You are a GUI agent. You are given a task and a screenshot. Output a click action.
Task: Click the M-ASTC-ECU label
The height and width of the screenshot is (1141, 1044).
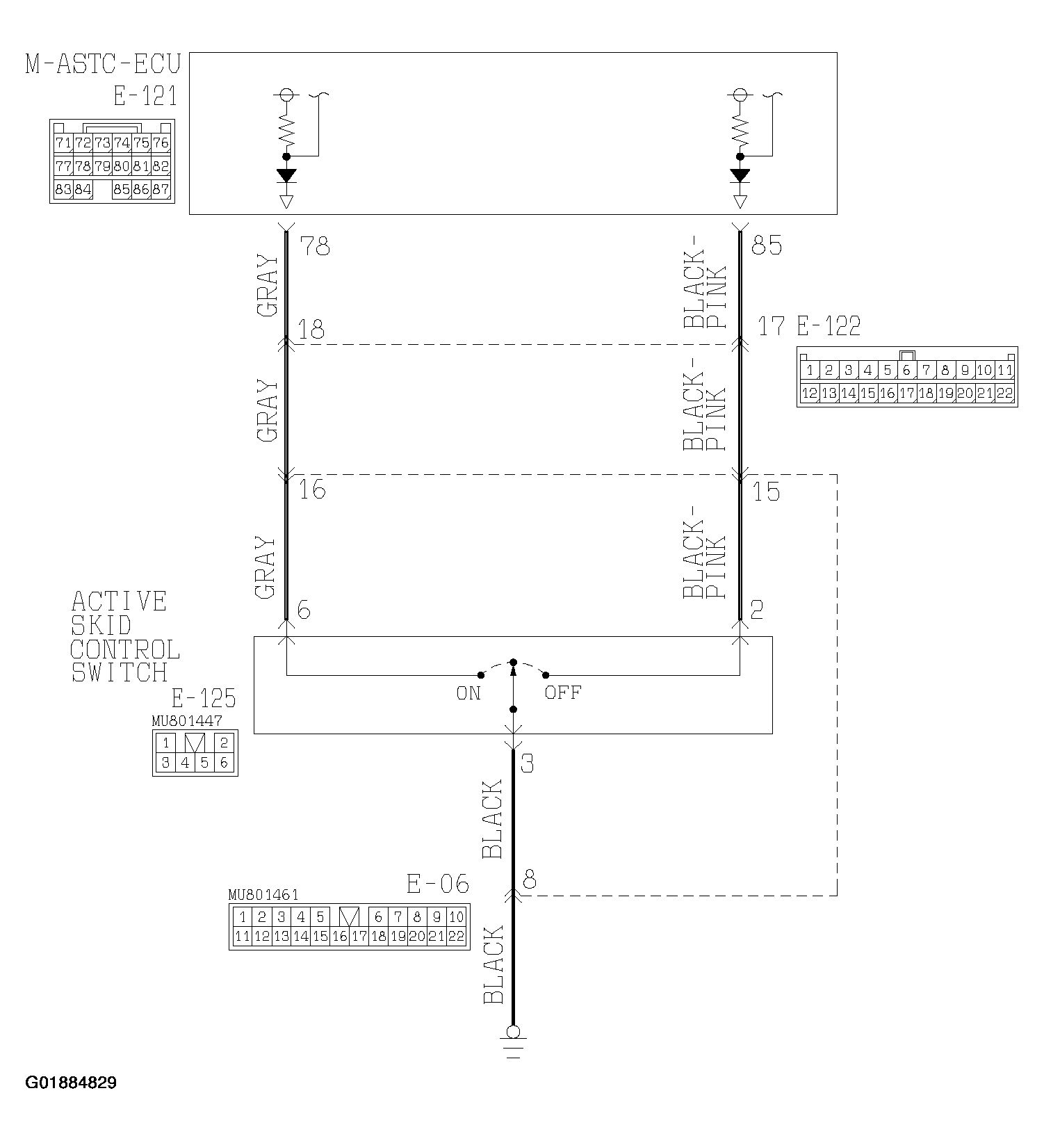(x=102, y=64)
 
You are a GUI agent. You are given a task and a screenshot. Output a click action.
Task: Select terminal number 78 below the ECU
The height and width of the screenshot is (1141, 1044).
(x=314, y=246)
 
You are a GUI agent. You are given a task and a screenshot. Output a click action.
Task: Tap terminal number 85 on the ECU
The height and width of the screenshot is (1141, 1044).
(x=767, y=246)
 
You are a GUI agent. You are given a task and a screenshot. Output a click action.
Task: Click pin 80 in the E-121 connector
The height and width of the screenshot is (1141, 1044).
(x=122, y=167)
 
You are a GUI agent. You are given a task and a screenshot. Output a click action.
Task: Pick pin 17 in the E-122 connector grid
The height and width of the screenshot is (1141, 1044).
(x=906, y=394)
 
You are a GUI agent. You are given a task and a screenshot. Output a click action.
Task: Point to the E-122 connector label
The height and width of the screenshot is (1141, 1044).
(x=829, y=325)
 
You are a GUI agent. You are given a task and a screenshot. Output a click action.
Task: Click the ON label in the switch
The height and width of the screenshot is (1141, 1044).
(x=468, y=693)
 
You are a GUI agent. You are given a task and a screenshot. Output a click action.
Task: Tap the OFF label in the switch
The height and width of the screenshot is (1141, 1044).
(x=562, y=693)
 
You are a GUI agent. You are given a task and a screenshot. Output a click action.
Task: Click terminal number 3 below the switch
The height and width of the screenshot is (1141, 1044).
(x=527, y=764)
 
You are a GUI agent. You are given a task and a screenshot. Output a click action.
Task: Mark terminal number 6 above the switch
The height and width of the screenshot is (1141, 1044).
(x=303, y=610)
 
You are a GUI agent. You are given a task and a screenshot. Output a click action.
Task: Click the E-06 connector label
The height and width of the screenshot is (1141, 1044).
(x=437, y=884)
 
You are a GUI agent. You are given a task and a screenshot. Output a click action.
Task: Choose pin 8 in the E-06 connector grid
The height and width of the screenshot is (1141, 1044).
(x=416, y=916)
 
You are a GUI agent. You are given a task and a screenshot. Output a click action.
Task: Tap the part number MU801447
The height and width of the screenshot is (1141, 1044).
(x=187, y=721)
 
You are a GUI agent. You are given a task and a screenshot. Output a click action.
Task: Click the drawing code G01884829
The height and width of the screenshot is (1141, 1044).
(x=71, y=1083)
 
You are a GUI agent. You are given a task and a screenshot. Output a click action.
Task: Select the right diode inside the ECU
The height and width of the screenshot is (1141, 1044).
(x=740, y=175)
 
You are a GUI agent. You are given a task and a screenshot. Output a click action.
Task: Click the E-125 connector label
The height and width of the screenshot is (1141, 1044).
(x=204, y=697)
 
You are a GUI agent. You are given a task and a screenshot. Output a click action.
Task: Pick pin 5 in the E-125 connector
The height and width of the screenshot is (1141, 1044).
(x=204, y=763)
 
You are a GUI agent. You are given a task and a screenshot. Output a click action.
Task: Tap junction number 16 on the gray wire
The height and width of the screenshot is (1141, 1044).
(x=312, y=490)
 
